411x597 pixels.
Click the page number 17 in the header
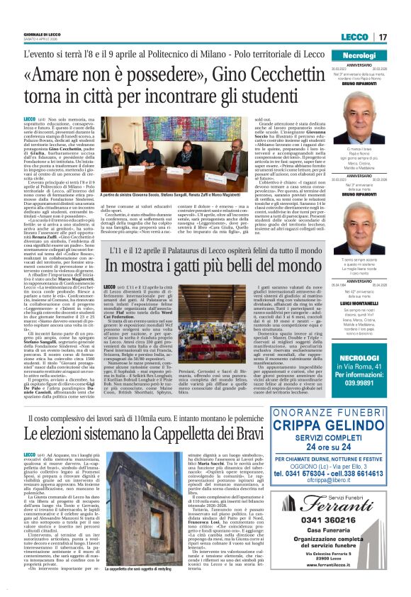pyautogui.click(x=382, y=37)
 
